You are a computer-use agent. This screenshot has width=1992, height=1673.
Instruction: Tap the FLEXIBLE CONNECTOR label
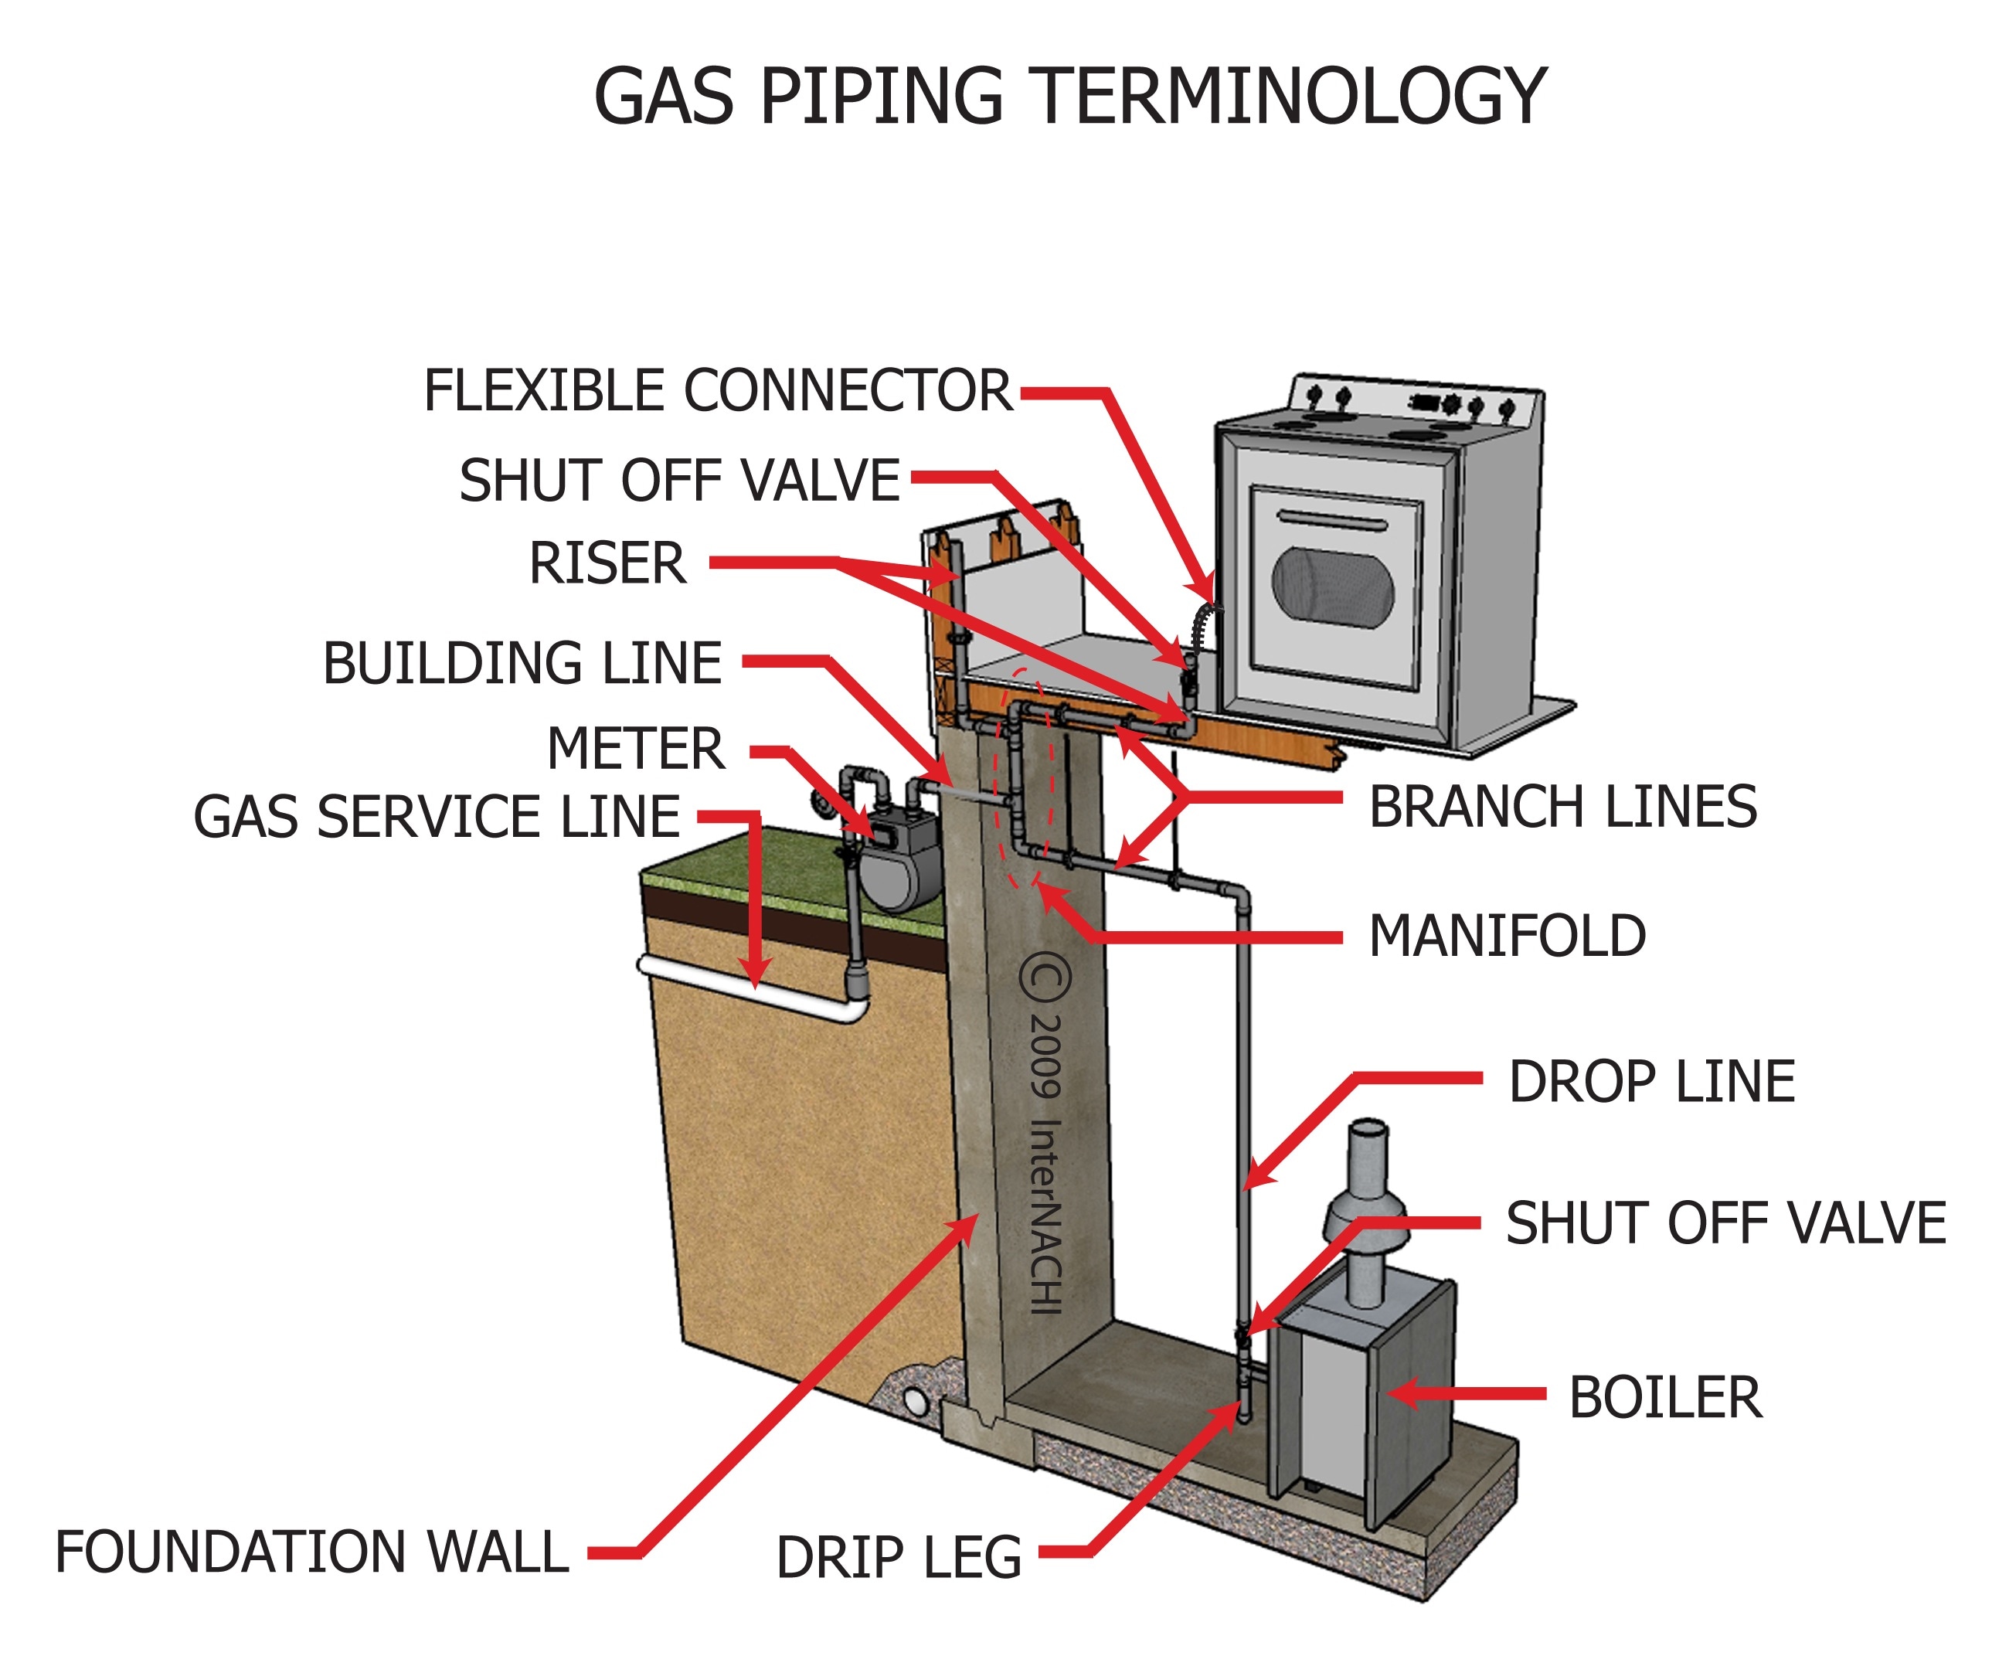[717, 391]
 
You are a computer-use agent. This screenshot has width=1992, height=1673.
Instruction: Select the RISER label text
[607, 563]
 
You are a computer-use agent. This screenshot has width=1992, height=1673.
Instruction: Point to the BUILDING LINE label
[522, 663]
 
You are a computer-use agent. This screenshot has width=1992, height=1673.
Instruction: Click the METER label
[636, 750]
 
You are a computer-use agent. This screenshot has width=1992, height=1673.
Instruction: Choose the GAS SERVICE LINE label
[437, 818]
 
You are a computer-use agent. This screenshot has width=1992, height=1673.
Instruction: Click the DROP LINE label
[1651, 1082]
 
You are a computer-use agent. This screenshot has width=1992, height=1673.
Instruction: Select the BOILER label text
[1664, 1398]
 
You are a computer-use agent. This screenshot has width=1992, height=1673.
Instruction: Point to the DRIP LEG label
[899, 1558]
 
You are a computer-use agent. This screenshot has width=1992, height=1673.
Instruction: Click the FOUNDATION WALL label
[311, 1552]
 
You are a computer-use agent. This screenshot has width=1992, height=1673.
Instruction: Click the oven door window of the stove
[1332, 587]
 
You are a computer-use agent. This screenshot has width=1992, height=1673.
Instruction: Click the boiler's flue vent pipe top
[1368, 1130]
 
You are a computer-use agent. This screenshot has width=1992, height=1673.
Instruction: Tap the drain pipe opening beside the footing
[916, 1401]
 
